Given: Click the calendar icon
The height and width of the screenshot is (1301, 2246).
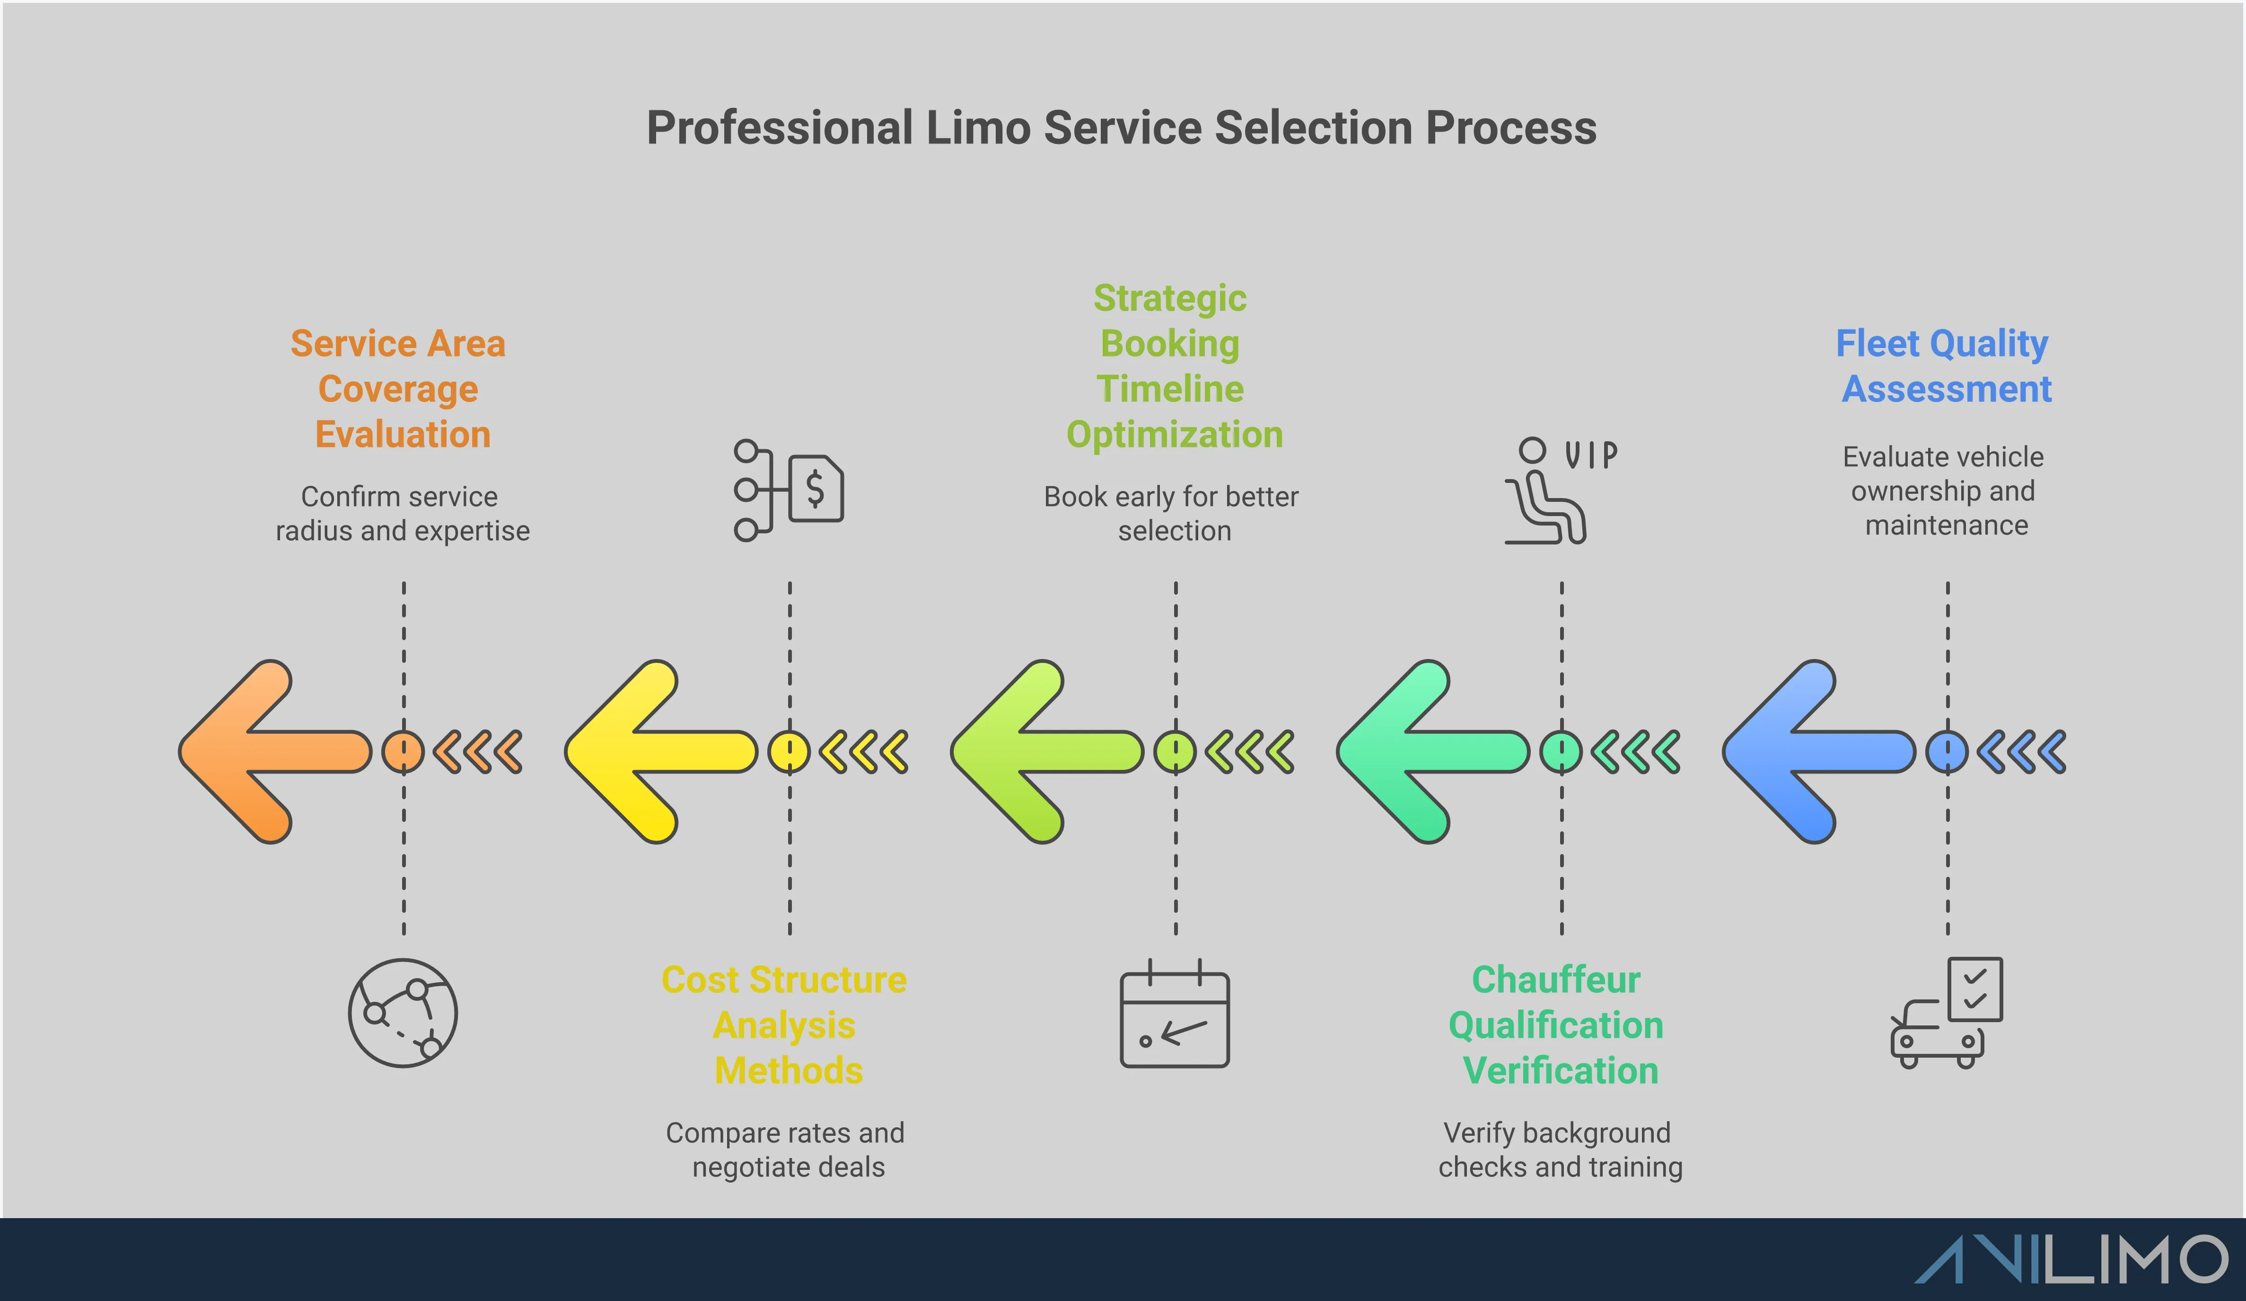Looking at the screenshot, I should (x=1175, y=1015).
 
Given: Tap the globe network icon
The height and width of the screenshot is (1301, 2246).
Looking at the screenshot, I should (x=403, y=1013).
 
